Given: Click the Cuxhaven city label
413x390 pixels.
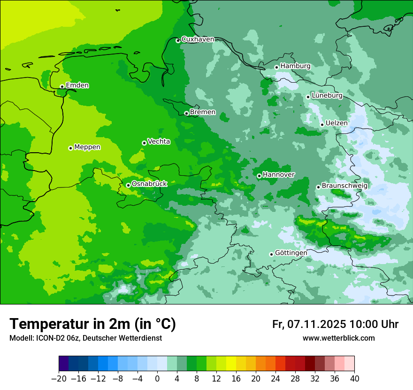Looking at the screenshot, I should (x=198, y=39).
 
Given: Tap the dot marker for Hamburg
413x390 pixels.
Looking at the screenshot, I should (x=276, y=67).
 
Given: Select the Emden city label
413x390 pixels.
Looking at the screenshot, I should (x=77, y=86).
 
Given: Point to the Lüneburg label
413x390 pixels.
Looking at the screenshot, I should (x=327, y=95).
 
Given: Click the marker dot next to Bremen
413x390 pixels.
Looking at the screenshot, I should (x=186, y=113).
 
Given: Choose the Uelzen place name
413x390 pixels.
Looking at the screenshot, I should (x=337, y=123).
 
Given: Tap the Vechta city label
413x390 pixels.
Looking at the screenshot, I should (x=159, y=141).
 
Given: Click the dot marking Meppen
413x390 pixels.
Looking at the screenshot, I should (x=70, y=148).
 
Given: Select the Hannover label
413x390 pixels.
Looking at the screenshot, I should (x=278, y=175).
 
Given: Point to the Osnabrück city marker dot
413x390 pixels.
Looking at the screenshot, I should (x=128, y=185).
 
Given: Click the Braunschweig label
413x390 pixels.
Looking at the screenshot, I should (x=344, y=186).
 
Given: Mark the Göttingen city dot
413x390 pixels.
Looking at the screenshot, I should (x=271, y=254).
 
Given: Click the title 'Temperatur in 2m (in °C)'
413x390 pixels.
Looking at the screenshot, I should (x=92, y=324).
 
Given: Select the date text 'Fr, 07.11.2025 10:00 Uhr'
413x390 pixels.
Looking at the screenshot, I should (x=335, y=324).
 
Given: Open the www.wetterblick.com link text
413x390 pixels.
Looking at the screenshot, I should (x=338, y=338).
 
